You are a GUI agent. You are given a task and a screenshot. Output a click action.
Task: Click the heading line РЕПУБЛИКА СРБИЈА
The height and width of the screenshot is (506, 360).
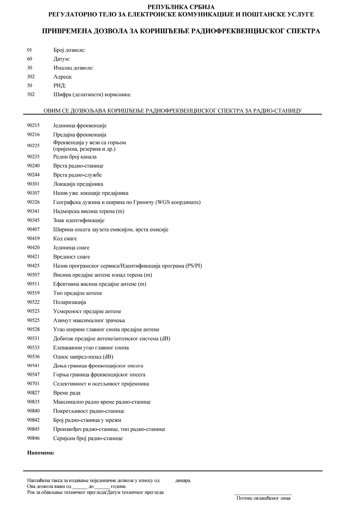tap(181, 7)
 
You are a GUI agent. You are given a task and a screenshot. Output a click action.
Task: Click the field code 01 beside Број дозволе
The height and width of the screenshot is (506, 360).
tap(30, 50)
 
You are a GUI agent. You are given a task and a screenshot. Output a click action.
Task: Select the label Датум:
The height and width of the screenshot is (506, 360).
tap(62, 59)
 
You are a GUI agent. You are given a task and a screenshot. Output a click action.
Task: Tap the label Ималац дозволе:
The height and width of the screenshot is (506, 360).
tap(73, 68)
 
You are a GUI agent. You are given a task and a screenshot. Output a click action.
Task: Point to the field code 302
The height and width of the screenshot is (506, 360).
tap(31, 77)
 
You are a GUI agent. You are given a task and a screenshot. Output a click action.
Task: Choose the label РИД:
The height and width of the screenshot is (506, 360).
tap(60, 86)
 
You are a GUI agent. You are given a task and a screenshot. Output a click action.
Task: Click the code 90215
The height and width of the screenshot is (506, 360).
tap(33, 126)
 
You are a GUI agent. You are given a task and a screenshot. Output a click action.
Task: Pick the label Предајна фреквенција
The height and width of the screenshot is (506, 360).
tap(80, 134)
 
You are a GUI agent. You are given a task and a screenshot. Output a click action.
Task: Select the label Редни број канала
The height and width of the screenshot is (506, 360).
tap(75, 157)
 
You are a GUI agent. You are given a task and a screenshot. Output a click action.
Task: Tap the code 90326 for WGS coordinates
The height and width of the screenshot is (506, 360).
tap(33, 202)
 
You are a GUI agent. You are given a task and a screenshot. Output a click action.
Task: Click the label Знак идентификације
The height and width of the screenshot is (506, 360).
tap(79, 220)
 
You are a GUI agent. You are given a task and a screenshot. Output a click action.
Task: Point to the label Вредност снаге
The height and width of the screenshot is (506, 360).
tap(71, 257)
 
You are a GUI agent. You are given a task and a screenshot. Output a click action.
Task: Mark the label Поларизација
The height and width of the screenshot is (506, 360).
tap(69, 302)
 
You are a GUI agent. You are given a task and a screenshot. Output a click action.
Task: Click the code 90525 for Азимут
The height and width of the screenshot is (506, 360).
tap(33, 320)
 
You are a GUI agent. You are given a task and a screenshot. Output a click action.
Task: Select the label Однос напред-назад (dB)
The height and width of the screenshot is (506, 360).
tap(83, 357)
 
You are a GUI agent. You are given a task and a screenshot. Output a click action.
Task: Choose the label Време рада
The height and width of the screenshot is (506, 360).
tap(67, 393)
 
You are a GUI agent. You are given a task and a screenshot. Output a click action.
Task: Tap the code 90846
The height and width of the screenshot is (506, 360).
tap(33, 438)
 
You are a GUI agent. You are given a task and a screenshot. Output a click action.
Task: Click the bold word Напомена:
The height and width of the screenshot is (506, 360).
tap(41, 453)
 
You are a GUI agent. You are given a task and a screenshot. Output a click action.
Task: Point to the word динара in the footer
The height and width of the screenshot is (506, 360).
tap(183, 481)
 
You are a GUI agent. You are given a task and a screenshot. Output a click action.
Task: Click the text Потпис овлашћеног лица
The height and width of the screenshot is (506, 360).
tap(263, 498)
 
